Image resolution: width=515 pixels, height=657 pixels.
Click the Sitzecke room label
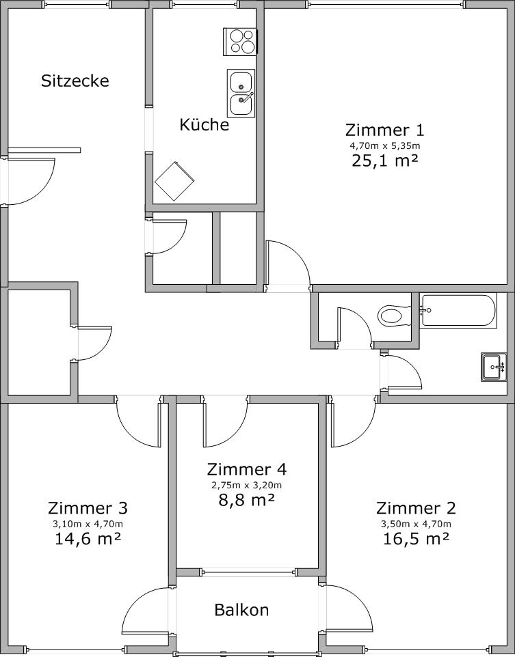coord(75,81)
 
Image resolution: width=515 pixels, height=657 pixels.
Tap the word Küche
coord(204,124)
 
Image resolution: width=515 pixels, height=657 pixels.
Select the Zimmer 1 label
coord(385,130)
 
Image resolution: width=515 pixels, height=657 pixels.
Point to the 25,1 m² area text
coord(385,160)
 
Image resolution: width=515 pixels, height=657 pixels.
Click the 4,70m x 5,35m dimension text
coord(385,146)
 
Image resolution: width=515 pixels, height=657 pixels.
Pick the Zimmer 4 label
coord(247,469)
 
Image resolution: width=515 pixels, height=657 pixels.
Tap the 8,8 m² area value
coord(247,499)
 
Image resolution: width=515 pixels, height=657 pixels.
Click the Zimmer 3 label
coord(88,508)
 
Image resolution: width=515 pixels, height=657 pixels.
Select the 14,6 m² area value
coord(88,538)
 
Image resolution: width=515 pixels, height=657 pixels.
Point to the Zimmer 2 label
coord(416,508)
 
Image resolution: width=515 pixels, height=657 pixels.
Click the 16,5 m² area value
coord(416,538)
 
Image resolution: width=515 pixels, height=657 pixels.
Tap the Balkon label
coord(241,610)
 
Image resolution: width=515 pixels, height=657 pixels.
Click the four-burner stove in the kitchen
coord(240,42)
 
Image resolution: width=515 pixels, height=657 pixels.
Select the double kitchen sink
coord(241,93)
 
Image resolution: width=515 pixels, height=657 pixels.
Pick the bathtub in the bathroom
coord(459,310)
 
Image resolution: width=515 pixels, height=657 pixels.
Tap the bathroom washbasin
coord(494,367)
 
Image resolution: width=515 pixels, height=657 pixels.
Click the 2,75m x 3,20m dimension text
coord(247,485)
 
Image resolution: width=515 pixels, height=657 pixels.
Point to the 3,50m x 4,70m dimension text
coord(416,524)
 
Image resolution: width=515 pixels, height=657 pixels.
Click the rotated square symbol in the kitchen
coord(174,182)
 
